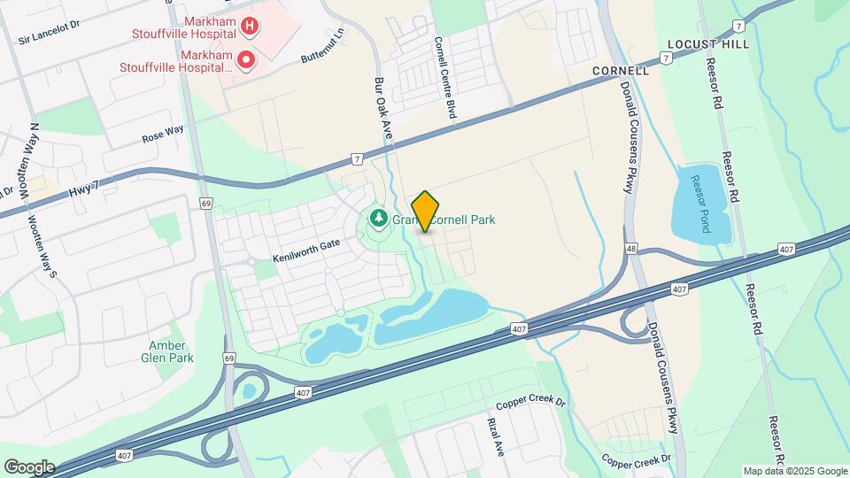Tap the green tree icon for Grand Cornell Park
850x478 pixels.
(377, 218)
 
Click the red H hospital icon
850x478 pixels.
(251, 27)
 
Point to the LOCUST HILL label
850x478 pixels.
(707, 43)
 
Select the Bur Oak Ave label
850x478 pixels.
(383, 105)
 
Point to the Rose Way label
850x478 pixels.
(163, 134)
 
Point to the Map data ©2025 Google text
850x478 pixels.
(794, 471)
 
